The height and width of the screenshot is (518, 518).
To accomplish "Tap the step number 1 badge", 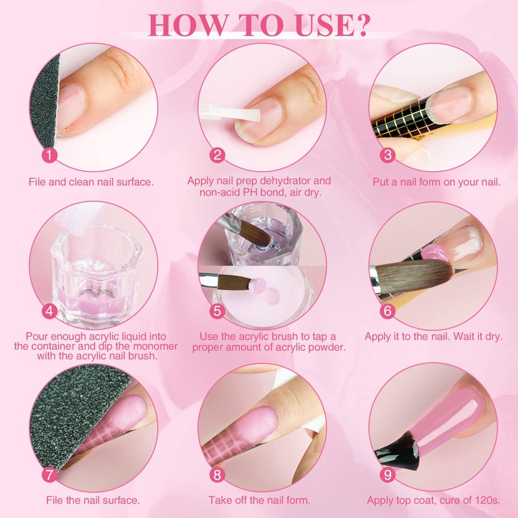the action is [x=50, y=155].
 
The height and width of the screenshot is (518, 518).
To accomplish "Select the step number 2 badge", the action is [x=217, y=155].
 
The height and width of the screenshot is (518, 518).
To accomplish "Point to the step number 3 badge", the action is [x=387, y=155].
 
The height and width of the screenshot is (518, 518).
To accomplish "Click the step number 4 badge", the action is [x=50, y=311].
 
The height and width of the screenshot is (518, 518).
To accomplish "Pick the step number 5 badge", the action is [x=217, y=311].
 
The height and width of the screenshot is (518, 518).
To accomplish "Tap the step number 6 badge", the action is [x=387, y=311].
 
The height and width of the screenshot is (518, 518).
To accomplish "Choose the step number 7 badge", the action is [x=50, y=475].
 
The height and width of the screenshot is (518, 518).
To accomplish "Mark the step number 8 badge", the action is [x=217, y=475].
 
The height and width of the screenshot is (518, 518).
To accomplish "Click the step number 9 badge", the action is [x=387, y=475].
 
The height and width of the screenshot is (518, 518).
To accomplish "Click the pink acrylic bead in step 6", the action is [x=434, y=254].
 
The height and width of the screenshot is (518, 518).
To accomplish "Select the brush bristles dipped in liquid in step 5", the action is [x=256, y=234].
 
